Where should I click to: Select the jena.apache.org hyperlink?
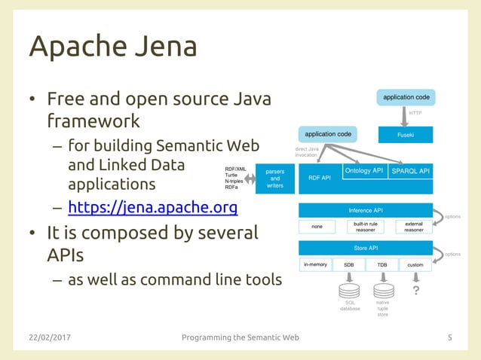[x=152, y=208]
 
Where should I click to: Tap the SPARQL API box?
[x=410, y=171]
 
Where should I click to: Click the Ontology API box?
[x=364, y=171]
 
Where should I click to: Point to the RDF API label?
[x=320, y=178]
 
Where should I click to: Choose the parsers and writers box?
[x=275, y=178]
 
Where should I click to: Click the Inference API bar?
[x=366, y=210]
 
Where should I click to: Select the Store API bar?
[x=366, y=248]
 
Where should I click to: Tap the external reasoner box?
[x=414, y=227]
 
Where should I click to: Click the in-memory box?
[x=315, y=265]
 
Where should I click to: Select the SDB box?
[x=349, y=265]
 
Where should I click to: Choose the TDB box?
[x=381, y=265]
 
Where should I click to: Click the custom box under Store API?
[x=415, y=265]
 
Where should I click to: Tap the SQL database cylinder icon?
[x=349, y=290]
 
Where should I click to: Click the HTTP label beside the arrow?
[x=415, y=113]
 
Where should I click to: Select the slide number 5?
[x=450, y=337]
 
